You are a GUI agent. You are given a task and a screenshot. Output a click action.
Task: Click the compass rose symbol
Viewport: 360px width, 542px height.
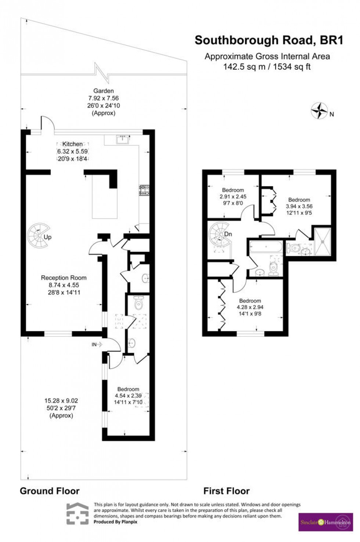click(x=319, y=111)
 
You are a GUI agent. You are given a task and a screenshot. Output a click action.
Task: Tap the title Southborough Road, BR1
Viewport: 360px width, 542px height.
click(x=269, y=40)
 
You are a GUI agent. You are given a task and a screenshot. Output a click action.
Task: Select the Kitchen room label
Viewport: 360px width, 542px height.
click(x=72, y=144)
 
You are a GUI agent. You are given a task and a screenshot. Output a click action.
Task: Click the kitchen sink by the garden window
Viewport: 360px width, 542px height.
click(x=122, y=139)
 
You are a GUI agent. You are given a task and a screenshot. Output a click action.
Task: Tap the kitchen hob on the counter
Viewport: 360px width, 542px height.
click(x=144, y=190)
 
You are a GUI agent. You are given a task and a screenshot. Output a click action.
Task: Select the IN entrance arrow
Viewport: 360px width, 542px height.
click(x=97, y=344)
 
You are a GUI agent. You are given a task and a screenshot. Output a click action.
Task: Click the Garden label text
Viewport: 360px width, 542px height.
click(x=104, y=91)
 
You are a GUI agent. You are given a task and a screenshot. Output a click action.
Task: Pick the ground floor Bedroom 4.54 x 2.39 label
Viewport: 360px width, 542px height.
click(x=128, y=395)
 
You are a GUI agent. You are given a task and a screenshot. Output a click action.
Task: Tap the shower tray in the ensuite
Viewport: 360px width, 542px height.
click(x=323, y=242)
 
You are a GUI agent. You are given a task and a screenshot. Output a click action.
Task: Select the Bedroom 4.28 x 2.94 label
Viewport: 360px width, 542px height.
click(x=250, y=307)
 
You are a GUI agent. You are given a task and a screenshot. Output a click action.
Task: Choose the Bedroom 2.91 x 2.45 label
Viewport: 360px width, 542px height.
click(x=233, y=196)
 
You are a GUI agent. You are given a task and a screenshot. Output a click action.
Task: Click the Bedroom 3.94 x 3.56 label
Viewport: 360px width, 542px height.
click(x=299, y=206)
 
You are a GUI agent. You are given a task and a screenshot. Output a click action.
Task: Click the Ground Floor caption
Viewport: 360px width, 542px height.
click(x=50, y=491)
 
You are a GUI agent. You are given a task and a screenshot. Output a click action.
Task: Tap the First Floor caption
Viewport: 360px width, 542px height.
click(x=226, y=491)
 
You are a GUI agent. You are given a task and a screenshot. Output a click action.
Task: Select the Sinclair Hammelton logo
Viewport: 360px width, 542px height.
click(x=325, y=522)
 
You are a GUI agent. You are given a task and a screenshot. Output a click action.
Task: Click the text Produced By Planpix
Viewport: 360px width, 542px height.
click(x=115, y=522)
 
